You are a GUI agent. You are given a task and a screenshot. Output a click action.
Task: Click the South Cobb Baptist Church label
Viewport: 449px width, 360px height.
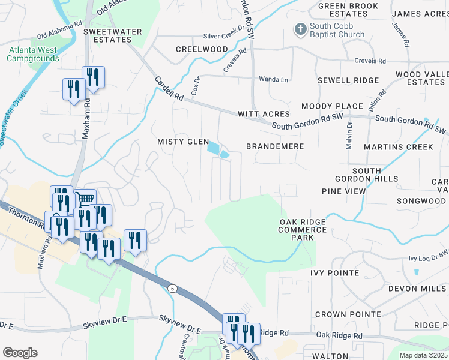[x=337, y=31]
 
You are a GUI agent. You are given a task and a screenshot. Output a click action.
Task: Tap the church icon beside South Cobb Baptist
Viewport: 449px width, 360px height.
[x=300, y=28]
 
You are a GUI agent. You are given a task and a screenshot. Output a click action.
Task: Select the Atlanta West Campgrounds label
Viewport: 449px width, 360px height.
[x=33, y=55]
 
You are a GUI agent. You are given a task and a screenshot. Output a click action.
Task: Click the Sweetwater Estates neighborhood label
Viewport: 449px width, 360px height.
[x=107, y=35]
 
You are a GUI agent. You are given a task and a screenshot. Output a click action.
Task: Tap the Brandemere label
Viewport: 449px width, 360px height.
[x=275, y=146]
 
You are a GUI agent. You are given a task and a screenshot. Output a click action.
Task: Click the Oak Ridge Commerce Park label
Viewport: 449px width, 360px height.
[x=303, y=230]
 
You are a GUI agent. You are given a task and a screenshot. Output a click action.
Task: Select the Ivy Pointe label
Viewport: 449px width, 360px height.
[x=334, y=273]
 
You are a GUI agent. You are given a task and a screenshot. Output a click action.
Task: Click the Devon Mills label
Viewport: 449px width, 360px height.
[x=418, y=289]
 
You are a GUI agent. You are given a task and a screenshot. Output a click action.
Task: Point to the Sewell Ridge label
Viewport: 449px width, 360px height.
[x=348, y=80]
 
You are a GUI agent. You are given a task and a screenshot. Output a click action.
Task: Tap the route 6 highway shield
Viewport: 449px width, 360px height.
[x=172, y=289]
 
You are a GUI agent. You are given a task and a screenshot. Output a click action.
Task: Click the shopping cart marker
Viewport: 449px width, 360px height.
[x=86, y=198]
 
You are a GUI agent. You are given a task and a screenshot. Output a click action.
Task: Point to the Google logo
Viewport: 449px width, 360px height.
[x=20, y=353]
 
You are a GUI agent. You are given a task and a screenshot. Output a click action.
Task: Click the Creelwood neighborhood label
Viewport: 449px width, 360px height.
[x=202, y=49]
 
